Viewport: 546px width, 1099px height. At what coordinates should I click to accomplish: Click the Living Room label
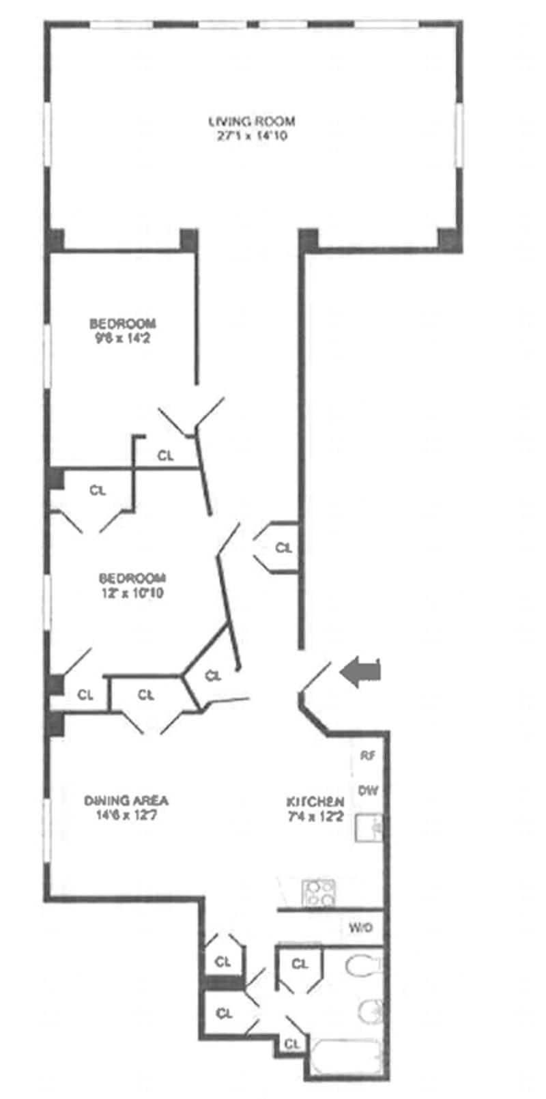(x=252, y=122)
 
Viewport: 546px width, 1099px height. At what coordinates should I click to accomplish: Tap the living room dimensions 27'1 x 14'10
(x=252, y=136)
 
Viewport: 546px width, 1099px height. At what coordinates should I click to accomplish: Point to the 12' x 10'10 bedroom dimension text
(x=131, y=593)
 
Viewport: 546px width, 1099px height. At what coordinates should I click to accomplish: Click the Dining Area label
(x=126, y=800)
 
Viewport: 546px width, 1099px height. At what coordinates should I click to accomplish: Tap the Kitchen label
(x=314, y=801)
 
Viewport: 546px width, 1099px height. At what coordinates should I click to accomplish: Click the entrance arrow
(x=360, y=672)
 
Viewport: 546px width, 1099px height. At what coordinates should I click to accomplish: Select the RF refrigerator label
(x=368, y=756)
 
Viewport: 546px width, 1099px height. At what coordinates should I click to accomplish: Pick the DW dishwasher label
(x=368, y=790)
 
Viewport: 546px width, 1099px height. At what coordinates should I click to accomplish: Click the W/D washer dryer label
(x=360, y=928)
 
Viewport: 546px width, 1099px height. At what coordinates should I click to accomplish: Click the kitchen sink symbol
(x=369, y=828)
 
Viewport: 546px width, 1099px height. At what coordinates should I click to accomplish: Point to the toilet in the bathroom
(x=363, y=967)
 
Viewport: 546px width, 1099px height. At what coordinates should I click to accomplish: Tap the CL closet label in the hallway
(x=283, y=547)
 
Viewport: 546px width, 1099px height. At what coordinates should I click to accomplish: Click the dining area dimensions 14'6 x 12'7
(x=126, y=814)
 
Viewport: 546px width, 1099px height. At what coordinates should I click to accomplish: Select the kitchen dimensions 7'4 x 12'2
(x=314, y=816)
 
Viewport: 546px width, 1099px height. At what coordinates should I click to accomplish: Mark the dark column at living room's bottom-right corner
(x=448, y=240)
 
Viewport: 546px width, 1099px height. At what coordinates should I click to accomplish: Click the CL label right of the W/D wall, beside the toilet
(x=300, y=964)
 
